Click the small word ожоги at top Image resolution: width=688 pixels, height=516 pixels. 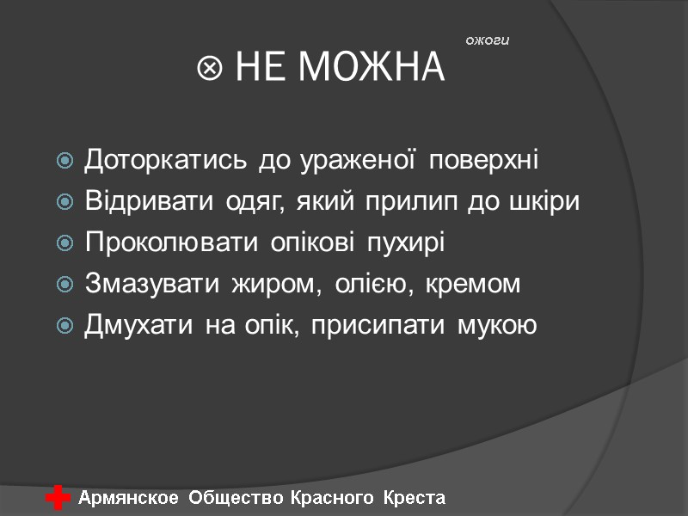point(488,40)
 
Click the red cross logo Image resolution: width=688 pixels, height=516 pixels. point(58,498)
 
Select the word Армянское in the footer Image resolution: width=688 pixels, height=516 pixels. point(129,498)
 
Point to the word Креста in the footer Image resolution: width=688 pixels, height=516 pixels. point(415,498)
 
